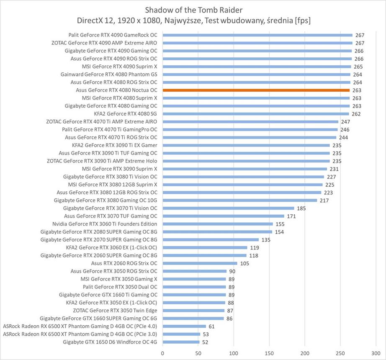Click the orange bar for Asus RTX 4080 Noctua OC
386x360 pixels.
pyautogui.click(x=256, y=90)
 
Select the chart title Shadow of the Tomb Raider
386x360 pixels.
pyautogui.click(x=193, y=9)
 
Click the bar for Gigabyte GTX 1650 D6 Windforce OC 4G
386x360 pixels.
pyautogui.click(x=181, y=342)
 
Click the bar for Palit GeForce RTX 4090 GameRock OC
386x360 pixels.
pyautogui.click(x=257, y=35)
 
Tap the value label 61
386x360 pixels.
pyautogui.click(x=212, y=327)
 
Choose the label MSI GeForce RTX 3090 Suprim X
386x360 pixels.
pyautogui.click(x=120, y=169)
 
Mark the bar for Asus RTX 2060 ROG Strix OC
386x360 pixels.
pyautogui.click(x=200, y=263)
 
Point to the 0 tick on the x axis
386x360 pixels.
pyautogui.click(x=162, y=353)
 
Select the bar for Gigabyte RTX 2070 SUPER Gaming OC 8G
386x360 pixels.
pyautogui.click(x=211, y=240)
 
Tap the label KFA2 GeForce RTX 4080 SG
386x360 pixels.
pyautogui.click(x=126, y=113)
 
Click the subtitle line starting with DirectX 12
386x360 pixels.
pyautogui.click(x=193, y=20)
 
